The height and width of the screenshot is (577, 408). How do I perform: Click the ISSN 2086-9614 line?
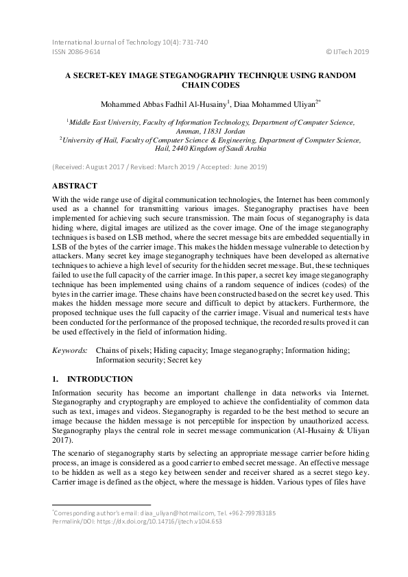[76, 51]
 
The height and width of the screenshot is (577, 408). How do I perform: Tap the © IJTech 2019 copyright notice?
[346, 51]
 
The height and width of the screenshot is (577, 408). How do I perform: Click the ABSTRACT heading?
[75, 186]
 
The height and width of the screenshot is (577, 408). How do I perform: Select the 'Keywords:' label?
[69, 350]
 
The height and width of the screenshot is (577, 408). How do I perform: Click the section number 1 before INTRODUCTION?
[56, 379]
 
